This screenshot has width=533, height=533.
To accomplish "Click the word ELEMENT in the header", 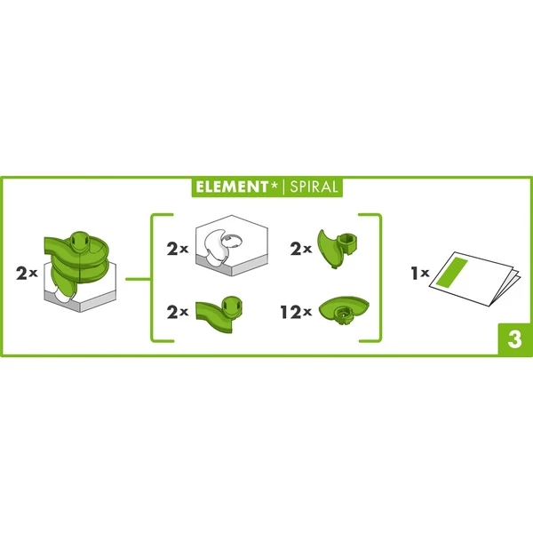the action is pos(232,187).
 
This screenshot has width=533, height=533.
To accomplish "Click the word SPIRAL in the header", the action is pos(314,187).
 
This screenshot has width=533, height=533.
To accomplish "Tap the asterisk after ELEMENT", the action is pos(274,185).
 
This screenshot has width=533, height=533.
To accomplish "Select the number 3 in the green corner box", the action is pos(514,339).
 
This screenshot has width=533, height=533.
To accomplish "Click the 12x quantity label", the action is pos(296,312).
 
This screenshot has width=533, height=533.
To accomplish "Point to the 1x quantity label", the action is pos(420,273).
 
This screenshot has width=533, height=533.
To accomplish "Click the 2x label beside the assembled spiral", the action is pos(27,273).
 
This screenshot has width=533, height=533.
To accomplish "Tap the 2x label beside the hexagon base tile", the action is pos(178,249).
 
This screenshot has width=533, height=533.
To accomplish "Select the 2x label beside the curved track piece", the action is pos(178,312).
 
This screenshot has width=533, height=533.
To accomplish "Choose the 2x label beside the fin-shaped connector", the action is pos(301,249).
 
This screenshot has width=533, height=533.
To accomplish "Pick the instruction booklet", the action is pos(475,278).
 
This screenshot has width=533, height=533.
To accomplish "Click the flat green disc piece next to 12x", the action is pos(344,310).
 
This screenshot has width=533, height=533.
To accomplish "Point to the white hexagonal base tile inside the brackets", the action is pos(232,245).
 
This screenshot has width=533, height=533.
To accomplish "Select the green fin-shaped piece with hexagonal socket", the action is pos(338,248).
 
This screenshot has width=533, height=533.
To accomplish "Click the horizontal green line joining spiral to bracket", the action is pos(138,280).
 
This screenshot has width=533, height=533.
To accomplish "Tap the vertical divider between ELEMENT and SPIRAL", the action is pos(283,187).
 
